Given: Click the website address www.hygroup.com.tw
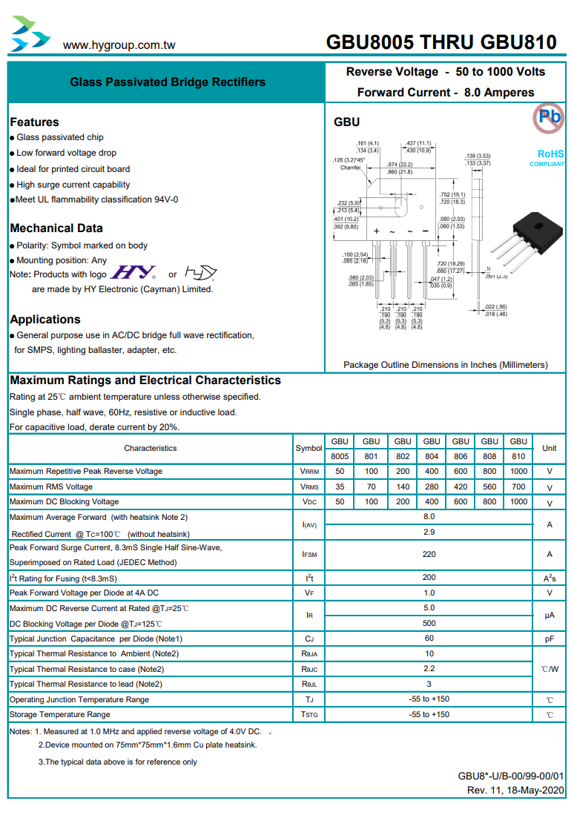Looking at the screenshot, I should (x=119, y=44).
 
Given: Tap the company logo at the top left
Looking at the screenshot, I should (x=30, y=34).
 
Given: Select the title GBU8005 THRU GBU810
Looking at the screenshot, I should (x=441, y=42).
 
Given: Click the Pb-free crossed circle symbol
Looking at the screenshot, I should (x=549, y=117).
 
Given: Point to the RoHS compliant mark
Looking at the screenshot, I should (x=550, y=157).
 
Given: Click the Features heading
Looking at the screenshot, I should (x=34, y=122).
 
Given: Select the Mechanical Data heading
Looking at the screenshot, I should (x=56, y=228).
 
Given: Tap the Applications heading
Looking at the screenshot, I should (x=45, y=320).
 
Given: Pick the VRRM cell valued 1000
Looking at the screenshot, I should (x=518, y=472).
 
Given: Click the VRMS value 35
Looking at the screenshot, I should (x=340, y=487).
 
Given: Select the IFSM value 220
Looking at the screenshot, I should (x=429, y=554).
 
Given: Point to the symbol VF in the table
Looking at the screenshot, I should (x=309, y=593).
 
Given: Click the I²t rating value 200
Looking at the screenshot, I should (x=429, y=578).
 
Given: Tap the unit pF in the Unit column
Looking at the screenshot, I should (x=550, y=639).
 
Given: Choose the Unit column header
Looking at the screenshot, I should (x=550, y=448).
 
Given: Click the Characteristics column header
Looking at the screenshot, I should (x=151, y=448).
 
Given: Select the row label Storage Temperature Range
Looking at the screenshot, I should (x=59, y=715).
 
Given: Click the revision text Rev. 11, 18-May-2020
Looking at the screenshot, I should (x=515, y=791).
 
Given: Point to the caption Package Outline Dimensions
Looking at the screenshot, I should (x=445, y=365).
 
